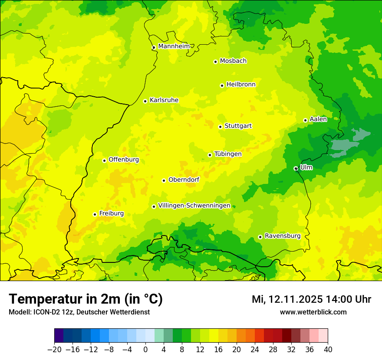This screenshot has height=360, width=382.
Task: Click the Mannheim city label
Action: [174, 46]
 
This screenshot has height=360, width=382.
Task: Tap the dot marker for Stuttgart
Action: [220, 127]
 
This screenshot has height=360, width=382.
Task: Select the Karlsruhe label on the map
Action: [164, 100]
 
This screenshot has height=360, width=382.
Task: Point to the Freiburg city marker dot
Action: [95, 214]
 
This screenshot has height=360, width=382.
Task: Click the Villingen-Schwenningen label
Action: [194, 206]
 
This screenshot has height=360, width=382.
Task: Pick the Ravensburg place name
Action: [283, 236]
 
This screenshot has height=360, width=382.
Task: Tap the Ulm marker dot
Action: [296, 168]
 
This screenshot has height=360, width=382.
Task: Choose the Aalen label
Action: [318, 119]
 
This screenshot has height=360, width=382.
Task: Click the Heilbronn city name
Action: [241, 85]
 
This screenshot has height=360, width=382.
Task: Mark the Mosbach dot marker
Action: [215, 62]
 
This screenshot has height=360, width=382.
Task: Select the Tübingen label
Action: [228, 154]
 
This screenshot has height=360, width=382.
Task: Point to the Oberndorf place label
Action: [184, 180]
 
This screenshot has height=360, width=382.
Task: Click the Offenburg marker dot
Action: [104, 160]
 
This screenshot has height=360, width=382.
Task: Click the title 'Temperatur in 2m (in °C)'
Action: [86, 299]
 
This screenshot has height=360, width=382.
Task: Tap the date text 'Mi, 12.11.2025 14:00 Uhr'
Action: [311, 299]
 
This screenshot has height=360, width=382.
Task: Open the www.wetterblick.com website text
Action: [313, 312]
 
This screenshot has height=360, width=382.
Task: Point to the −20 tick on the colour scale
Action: [54, 350]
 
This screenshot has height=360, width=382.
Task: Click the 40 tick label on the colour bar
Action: [328, 350]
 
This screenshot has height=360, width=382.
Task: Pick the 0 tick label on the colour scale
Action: [145, 350]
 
